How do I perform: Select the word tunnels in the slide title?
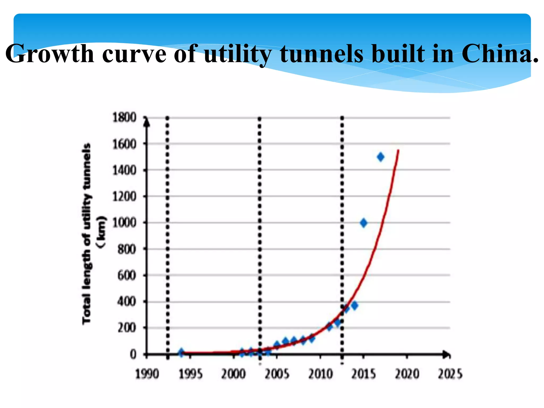pyautogui.click(x=322, y=54)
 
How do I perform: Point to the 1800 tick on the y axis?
pyautogui.click(x=124, y=117)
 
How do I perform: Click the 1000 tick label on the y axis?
pyautogui.click(x=124, y=223)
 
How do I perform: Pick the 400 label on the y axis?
pyautogui.click(x=126, y=302)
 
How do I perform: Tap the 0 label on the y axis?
pyautogui.click(x=133, y=354)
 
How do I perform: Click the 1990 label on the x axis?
pyautogui.click(x=147, y=374)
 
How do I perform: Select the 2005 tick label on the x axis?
pyautogui.click(x=277, y=374)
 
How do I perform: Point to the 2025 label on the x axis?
pyautogui.click(x=450, y=374)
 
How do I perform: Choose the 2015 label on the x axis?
pyautogui.click(x=363, y=374)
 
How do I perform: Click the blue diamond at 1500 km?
pyautogui.click(x=380, y=157)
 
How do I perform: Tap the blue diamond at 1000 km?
pyautogui.click(x=364, y=223)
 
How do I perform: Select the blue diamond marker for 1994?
pyautogui.click(x=181, y=352)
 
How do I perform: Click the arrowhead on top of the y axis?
pyautogui.click(x=147, y=122)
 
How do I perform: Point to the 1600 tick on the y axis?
pyautogui.click(x=124, y=144)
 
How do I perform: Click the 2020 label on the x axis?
pyautogui.click(x=407, y=374)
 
